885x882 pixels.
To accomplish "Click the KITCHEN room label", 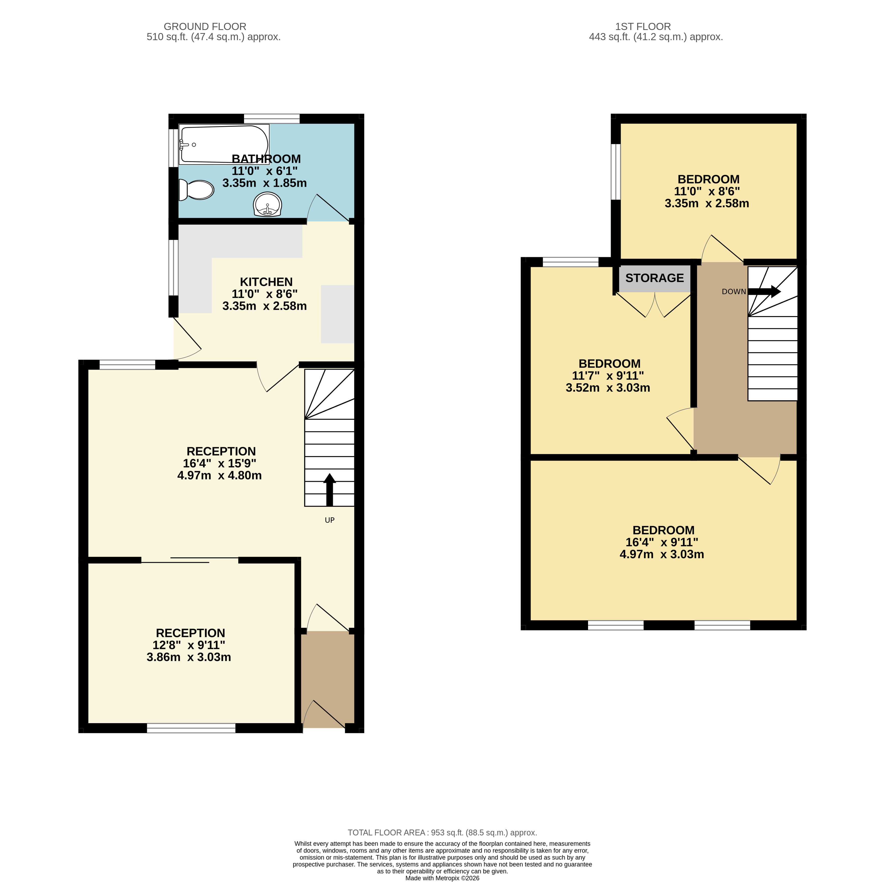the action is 266,282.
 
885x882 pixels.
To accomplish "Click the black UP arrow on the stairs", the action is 329,489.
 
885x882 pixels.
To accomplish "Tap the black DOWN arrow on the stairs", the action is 764,291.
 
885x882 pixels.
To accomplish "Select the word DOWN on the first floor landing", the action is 733,292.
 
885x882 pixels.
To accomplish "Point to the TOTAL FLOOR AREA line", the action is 442,832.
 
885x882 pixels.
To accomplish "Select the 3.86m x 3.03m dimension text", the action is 189,657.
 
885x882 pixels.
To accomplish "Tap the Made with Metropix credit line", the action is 442,878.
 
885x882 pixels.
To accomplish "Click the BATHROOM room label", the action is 266,159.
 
